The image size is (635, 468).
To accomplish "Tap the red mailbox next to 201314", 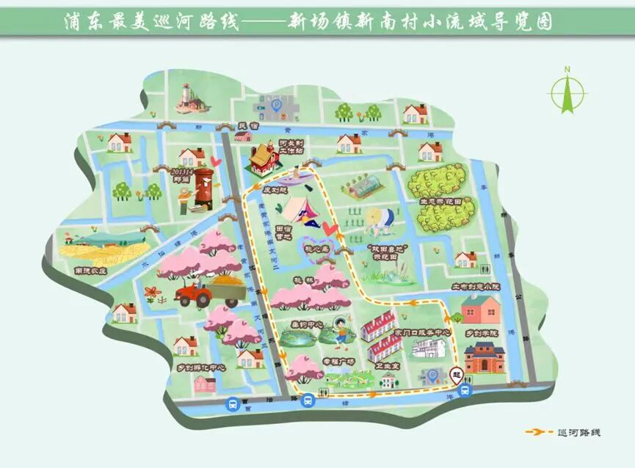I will [x=202, y=183].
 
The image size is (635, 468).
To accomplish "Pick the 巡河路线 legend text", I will [x=579, y=432].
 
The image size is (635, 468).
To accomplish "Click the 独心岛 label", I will [x=320, y=249].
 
